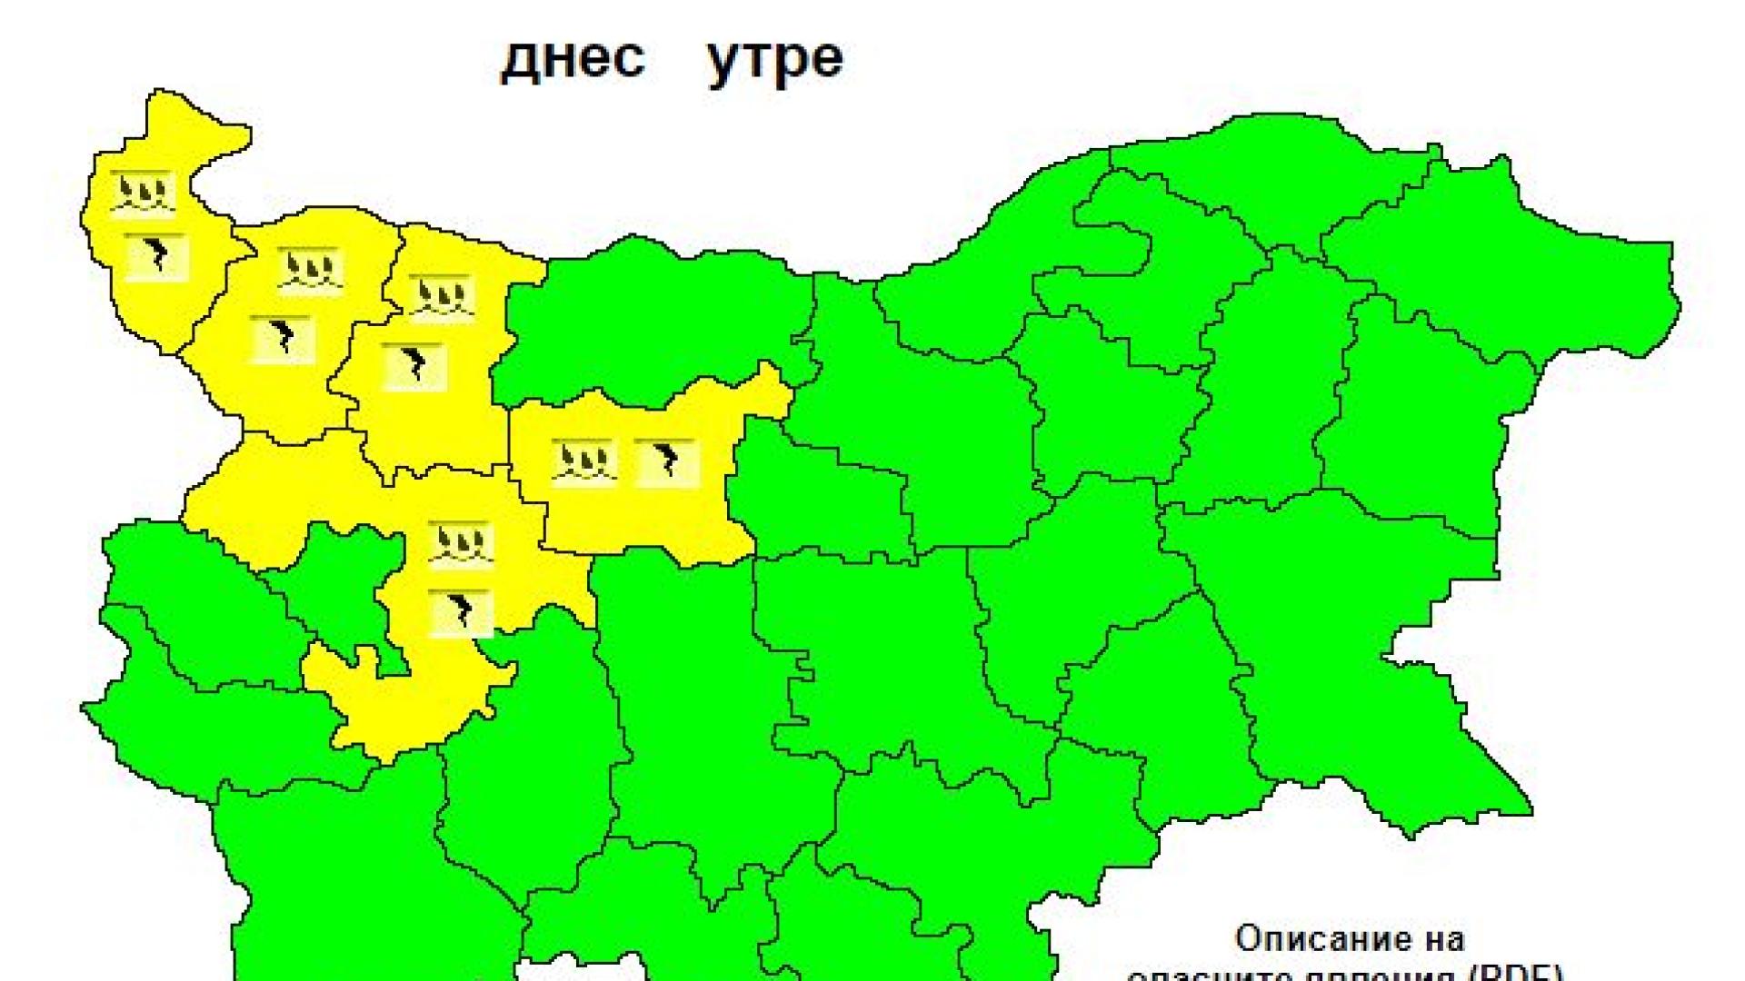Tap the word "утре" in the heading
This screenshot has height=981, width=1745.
pyautogui.click(x=774, y=59)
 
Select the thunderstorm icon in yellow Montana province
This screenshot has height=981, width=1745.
pyautogui.click(x=282, y=339)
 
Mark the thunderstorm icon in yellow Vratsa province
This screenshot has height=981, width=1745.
pyautogui.click(x=414, y=366)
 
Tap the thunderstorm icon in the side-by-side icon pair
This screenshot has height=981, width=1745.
pyautogui.click(x=666, y=463)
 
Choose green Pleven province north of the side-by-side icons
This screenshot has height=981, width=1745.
pyautogui.click(x=636, y=318)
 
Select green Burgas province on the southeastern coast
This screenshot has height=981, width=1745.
pyautogui.click(x=1345, y=654)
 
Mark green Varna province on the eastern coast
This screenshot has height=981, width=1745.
pyautogui.click(x=1418, y=409)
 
